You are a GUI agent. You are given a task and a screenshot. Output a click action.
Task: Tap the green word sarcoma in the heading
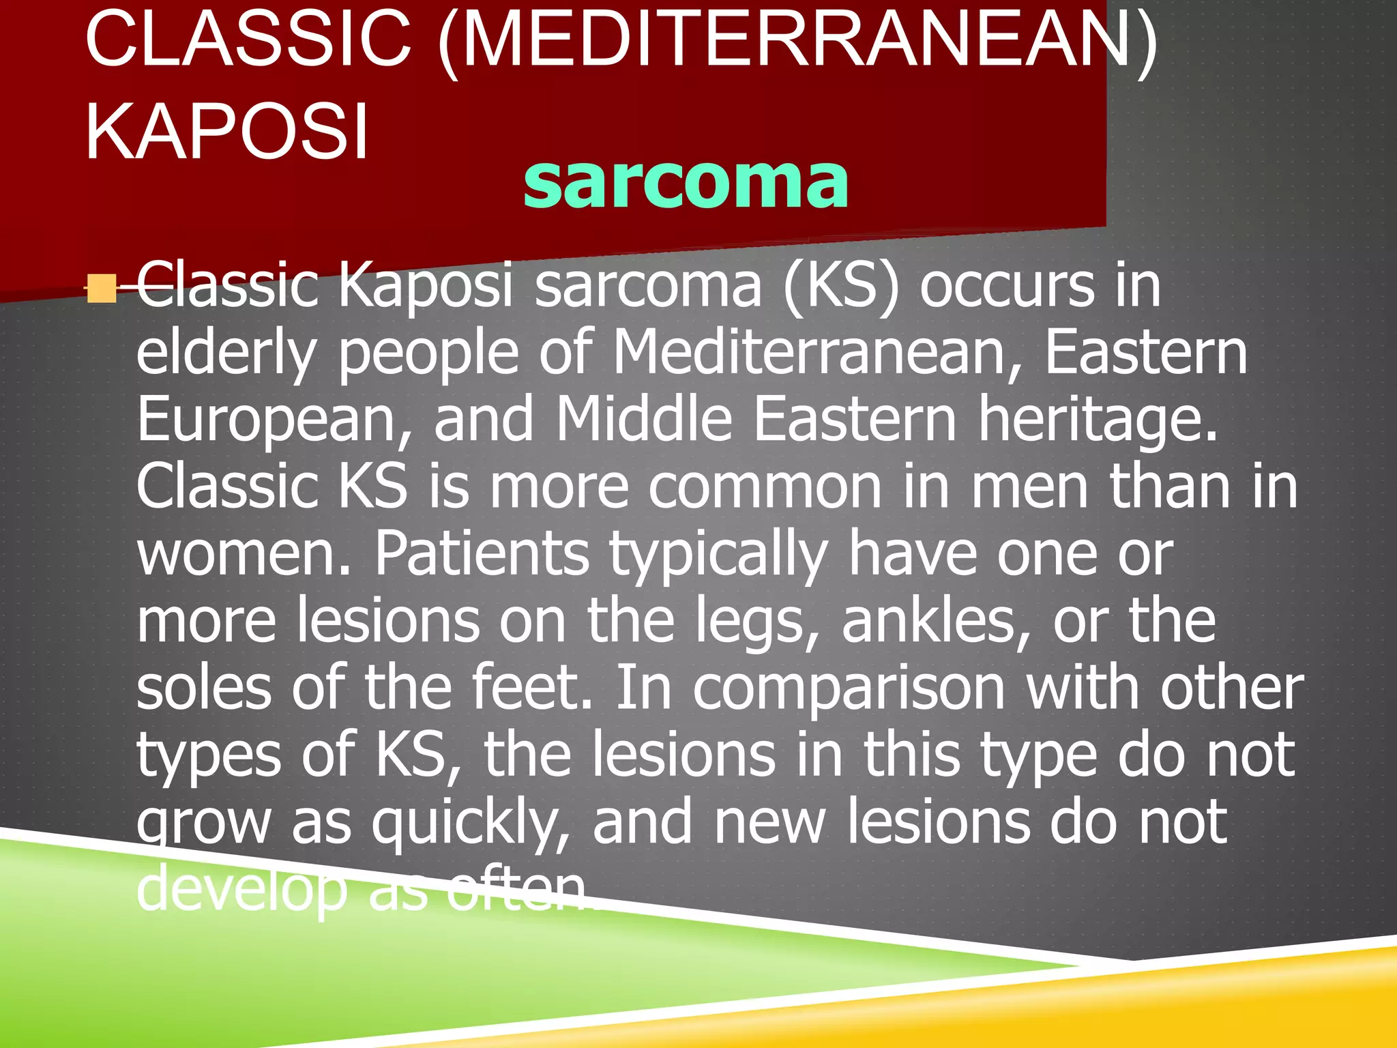pos(686,182)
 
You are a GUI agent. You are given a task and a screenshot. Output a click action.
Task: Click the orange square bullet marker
pos(102,289)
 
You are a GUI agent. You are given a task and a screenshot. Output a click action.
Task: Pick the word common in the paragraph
pos(765,487)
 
